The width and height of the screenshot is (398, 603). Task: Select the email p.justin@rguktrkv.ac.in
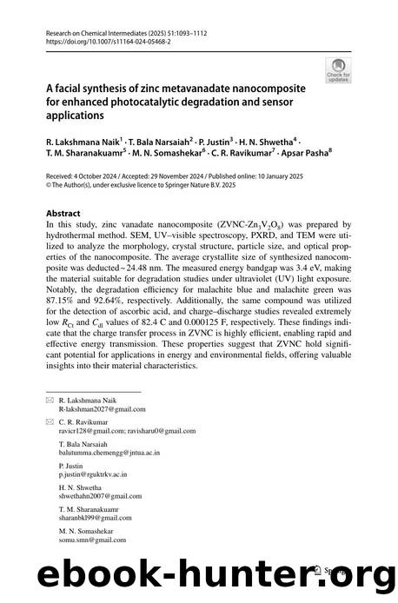tap(93, 475)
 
